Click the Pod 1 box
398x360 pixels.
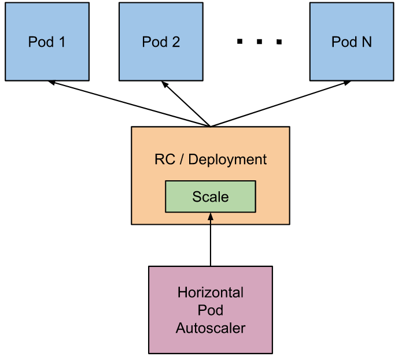tap(47, 42)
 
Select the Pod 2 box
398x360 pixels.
tap(161, 42)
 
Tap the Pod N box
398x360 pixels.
tap(352, 42)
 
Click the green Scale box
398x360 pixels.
tap(211, 196)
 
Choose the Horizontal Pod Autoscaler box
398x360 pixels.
tap(211, 310)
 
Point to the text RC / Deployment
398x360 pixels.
tap(211, 159)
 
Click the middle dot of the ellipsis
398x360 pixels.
tap(259, 42)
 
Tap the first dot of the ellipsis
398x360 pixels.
tap(239, 41)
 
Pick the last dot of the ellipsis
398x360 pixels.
tap(279, 42)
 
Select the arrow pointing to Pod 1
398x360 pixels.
tap(130, 103)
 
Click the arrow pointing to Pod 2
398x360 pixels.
tap(186, 104)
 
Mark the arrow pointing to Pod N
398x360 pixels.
tap(281, 103)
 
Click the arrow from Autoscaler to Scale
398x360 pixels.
tap(211, 239)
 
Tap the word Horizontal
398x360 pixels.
tap(211, 292)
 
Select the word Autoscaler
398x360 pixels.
tap(211, 328)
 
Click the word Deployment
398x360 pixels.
tap(227, 160)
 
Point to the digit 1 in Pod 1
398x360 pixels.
tap(62, 42)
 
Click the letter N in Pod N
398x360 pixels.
tap(367, 42)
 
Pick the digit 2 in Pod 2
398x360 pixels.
tap(176, 42)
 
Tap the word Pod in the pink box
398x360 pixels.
tap(211, 310)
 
